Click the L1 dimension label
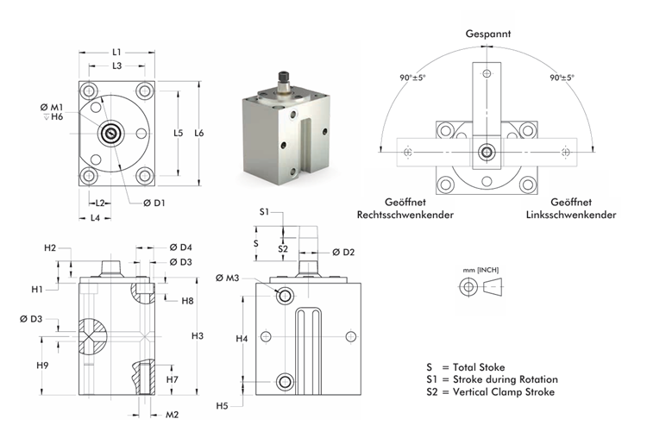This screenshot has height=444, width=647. (x=116, y=52)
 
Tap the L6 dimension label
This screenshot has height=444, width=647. (x=199, y=133)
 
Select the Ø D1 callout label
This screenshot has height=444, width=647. (x=154, y=203)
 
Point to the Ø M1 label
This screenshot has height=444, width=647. (x=51, y=106)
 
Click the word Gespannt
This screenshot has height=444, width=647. (x=488, y=34)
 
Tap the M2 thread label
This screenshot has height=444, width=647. (x=173, y=415)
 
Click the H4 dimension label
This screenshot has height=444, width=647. (x=242, y=339)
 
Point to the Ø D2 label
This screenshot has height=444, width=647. (x=343, y=252)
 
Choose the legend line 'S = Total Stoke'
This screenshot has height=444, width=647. (x=470, y=366)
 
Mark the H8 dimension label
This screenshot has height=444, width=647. (x=188, y=300)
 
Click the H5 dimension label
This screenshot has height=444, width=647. (x=222, y=405)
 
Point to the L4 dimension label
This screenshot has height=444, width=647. (x=99, y=217)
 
